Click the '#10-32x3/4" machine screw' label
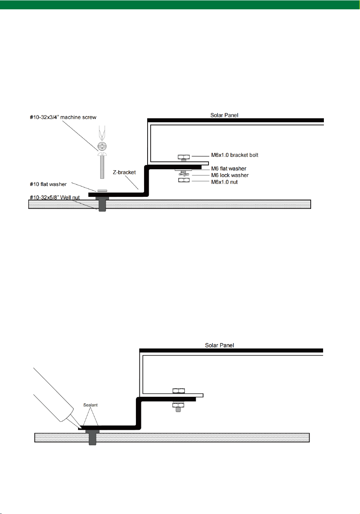click(x=63, y=117)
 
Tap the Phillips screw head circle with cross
click(x=102, y=146)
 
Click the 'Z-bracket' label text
click(x=124, y=172)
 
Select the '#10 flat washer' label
click(x=48, y=184)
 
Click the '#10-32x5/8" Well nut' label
click(x=55, y=198)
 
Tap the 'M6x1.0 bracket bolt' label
click(x=235, y=155)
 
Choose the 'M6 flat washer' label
click(x=229, y=168)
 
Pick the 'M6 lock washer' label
click(x=230, y=175)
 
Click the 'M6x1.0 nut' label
click(x=224, y=182)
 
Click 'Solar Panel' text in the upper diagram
click(x=224, y=115)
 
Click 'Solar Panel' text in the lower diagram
click(x=219, y=346)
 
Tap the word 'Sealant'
click(x=90, y=405)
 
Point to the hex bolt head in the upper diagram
click(x=184, y=157)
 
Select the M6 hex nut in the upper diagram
click(x=184, y=181)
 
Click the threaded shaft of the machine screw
click(x=102, y=167)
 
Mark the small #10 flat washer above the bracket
click(x=102, y=191)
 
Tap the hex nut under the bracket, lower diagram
click(x=178, y=405)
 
